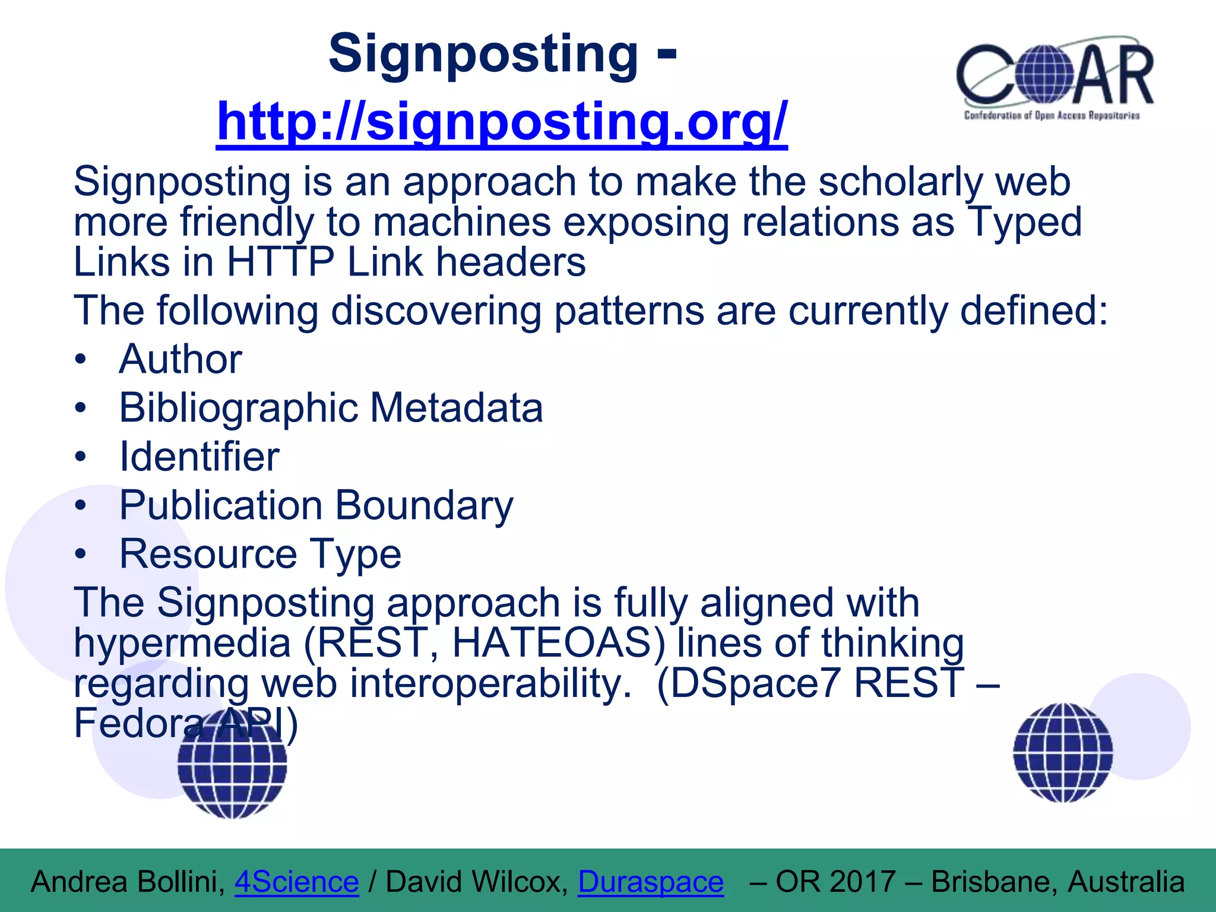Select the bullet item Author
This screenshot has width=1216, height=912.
[x=180, y=359]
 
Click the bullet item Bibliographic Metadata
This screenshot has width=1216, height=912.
[x=331, y=408]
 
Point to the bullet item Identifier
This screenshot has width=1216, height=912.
[x=199, y=457]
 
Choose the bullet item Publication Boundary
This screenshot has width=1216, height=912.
[x=316, y=505]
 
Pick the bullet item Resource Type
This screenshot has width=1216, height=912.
[x=260, y=554]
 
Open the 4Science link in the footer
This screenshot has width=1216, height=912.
[x=297, y=882]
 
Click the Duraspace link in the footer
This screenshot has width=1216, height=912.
[x=651, y=882]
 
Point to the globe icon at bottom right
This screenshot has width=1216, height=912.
[x=1063, y=752]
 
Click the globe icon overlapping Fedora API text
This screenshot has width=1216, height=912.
[x=232, y=766]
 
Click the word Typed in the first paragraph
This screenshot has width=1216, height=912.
[x=1024, y=222]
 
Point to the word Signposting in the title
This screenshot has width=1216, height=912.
[x=483, y=53]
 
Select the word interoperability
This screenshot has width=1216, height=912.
[x=490, y=683]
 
